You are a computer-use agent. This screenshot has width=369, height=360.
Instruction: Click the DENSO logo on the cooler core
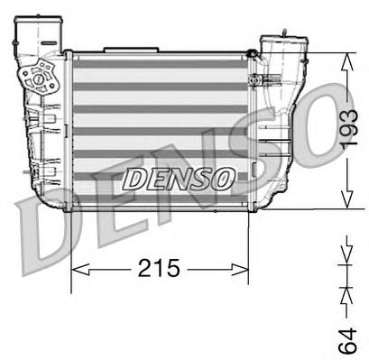178,178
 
